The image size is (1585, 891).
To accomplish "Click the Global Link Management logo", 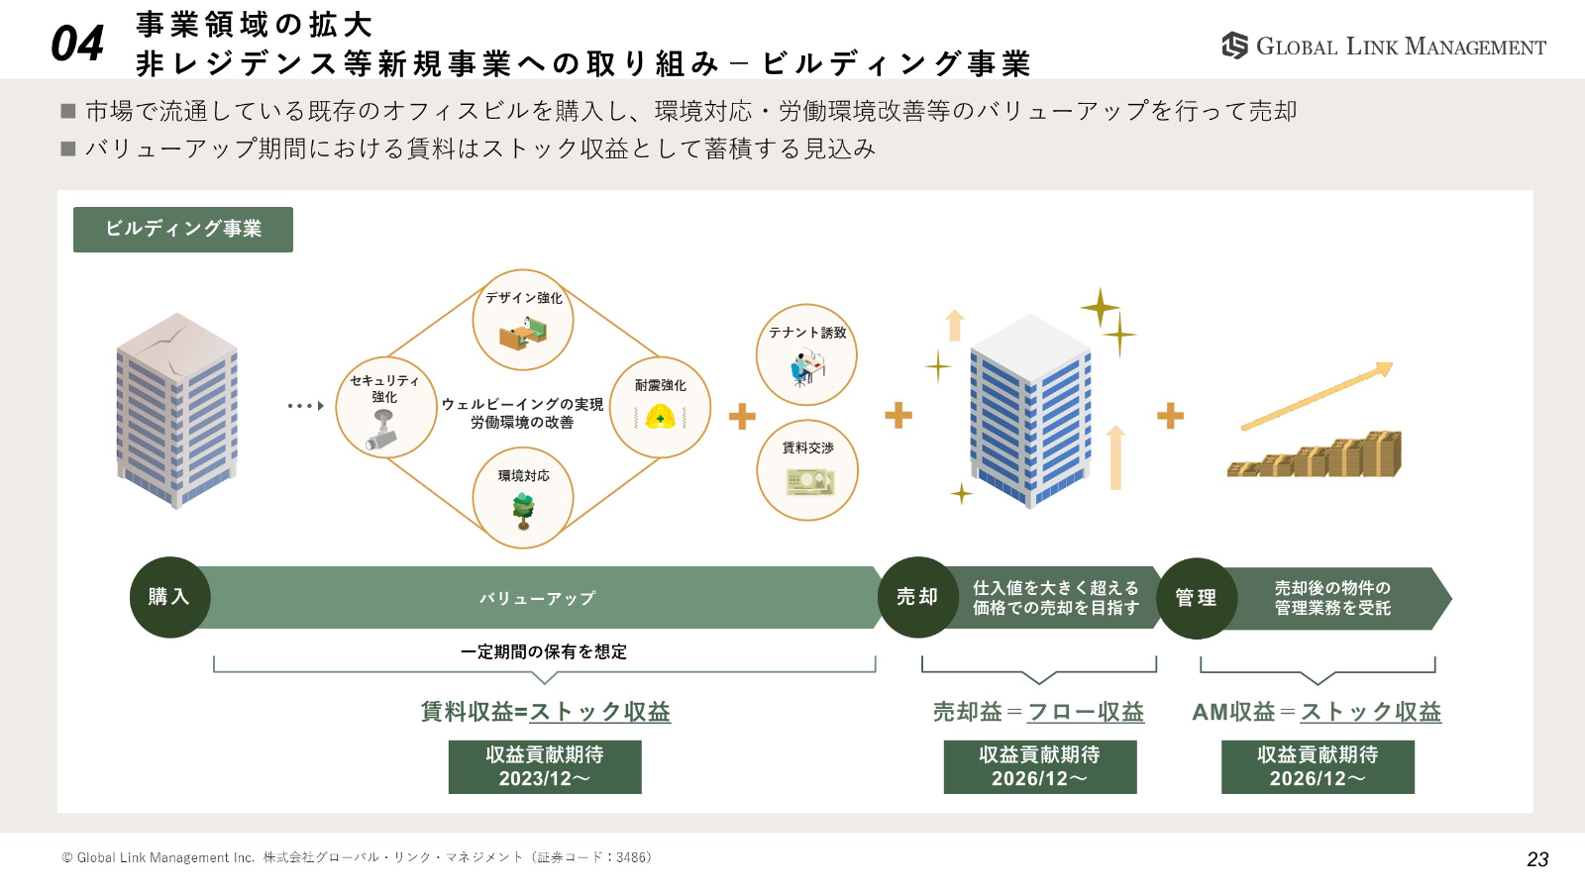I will click(x=1383, y=46).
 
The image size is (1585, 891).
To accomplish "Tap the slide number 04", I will click(x=77, y=44).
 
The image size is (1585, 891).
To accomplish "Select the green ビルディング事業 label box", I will click(x=183, y=229).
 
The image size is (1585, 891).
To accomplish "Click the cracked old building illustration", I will click(x=176, y=410).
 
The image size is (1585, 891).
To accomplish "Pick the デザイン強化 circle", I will click(x=523, y=320).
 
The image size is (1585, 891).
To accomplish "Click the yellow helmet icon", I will click(x=660, y=418).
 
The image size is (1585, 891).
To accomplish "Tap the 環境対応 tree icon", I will click(x=523, y=509).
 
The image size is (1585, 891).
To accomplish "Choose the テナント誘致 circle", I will click(x=806, y=354).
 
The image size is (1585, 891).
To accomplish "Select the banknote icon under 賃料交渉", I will click(x=809, y=482).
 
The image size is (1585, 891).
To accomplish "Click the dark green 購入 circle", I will click(x=169, y=597).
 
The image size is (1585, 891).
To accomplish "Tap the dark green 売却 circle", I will click(x=917, y=597).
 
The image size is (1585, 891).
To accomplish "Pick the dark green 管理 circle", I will click(x=1196, y=598).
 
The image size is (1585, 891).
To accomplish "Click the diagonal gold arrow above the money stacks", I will click(x=1318, y=396).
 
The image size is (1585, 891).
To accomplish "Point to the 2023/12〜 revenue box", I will click(x=545, y=767).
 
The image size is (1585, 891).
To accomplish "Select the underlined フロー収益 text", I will click(x=1086, y=712).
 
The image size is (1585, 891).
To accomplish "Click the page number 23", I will click(x=1537, y=859).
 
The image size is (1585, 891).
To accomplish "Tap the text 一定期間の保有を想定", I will click(x=544, y=651).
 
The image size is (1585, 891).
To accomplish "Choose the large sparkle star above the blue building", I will click(x=1100, y=308).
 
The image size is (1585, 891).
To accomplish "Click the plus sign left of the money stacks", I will click(x=1170, y=416).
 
